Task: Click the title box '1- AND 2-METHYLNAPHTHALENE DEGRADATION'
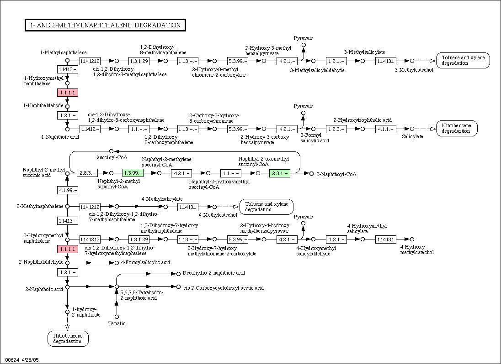tap(105, 25)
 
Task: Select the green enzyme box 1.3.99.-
tap(133, 173)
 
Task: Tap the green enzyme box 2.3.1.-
tap(280, 173)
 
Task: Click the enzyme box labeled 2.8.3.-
tap(87, 173)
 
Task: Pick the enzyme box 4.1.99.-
tap(67, 190)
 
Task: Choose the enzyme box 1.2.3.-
tap(336, 129)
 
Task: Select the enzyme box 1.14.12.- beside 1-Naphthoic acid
tap(90, 129)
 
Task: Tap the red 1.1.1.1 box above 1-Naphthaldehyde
tap(67, 93)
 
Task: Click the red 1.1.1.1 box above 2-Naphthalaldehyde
tap(67, 249)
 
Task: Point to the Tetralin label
tap(117, 323)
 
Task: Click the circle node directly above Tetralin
tap(117, 317)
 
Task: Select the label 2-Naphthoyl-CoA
tap(336, 174)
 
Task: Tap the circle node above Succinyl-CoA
tap(111, 151)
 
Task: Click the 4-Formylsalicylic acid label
tap(145, 263)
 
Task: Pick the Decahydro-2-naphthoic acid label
tap(214, 273)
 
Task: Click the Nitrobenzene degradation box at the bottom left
tap(68, 338)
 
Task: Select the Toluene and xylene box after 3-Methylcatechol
tap(463, 60)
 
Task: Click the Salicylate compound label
tap(412, 136)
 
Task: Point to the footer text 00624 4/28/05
tap(22, 360)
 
